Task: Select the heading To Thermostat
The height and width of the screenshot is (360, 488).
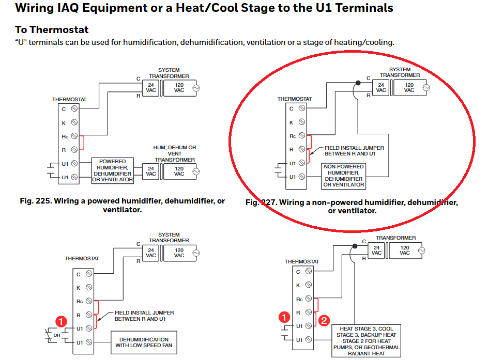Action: pyautogui.click(x=52, y=30)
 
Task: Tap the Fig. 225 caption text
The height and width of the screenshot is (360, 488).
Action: pyautogui.click(x=122, y=206)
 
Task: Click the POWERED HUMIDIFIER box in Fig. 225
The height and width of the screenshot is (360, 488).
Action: pyautogui.click(x=113, y=171)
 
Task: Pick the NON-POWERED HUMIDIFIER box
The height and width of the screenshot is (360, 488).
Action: pyautogui.click(x=344, y=176)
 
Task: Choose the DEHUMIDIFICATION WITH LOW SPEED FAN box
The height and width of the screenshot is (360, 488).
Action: pyautogui.click(x=144, y=343)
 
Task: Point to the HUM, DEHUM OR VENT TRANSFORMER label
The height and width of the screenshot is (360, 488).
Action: pyautogui.click(x=175, y=153)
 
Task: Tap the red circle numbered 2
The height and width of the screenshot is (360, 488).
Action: pyautogui.click(x=323, y=320)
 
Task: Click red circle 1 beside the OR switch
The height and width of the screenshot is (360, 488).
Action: pyautogui.click(x=61, y=322)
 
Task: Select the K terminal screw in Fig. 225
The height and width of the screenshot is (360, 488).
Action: pyautogui.click(x=74, y=122)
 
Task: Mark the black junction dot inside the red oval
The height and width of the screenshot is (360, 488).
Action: pyautogui.click(x=357, y=83)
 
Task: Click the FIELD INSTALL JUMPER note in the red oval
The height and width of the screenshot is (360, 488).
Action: pyautogui.click(x=354, y=151)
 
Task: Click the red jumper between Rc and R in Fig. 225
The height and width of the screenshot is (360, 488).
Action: pyautogui.click(x=82, y=143)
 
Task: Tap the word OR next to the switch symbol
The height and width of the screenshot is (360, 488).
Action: pyautogui.click(x=57, y=335)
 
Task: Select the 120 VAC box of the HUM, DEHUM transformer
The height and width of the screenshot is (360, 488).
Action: pyautogui.click(x=179, y=171)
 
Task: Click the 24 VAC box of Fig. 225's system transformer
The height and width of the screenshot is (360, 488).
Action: pyautogui.click(x=151, y=88)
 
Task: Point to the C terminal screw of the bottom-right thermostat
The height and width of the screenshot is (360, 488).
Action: pyautogui.click(x=309, y=271)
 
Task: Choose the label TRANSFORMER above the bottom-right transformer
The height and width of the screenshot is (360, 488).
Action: pyautogui.click(x=395, y=238)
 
